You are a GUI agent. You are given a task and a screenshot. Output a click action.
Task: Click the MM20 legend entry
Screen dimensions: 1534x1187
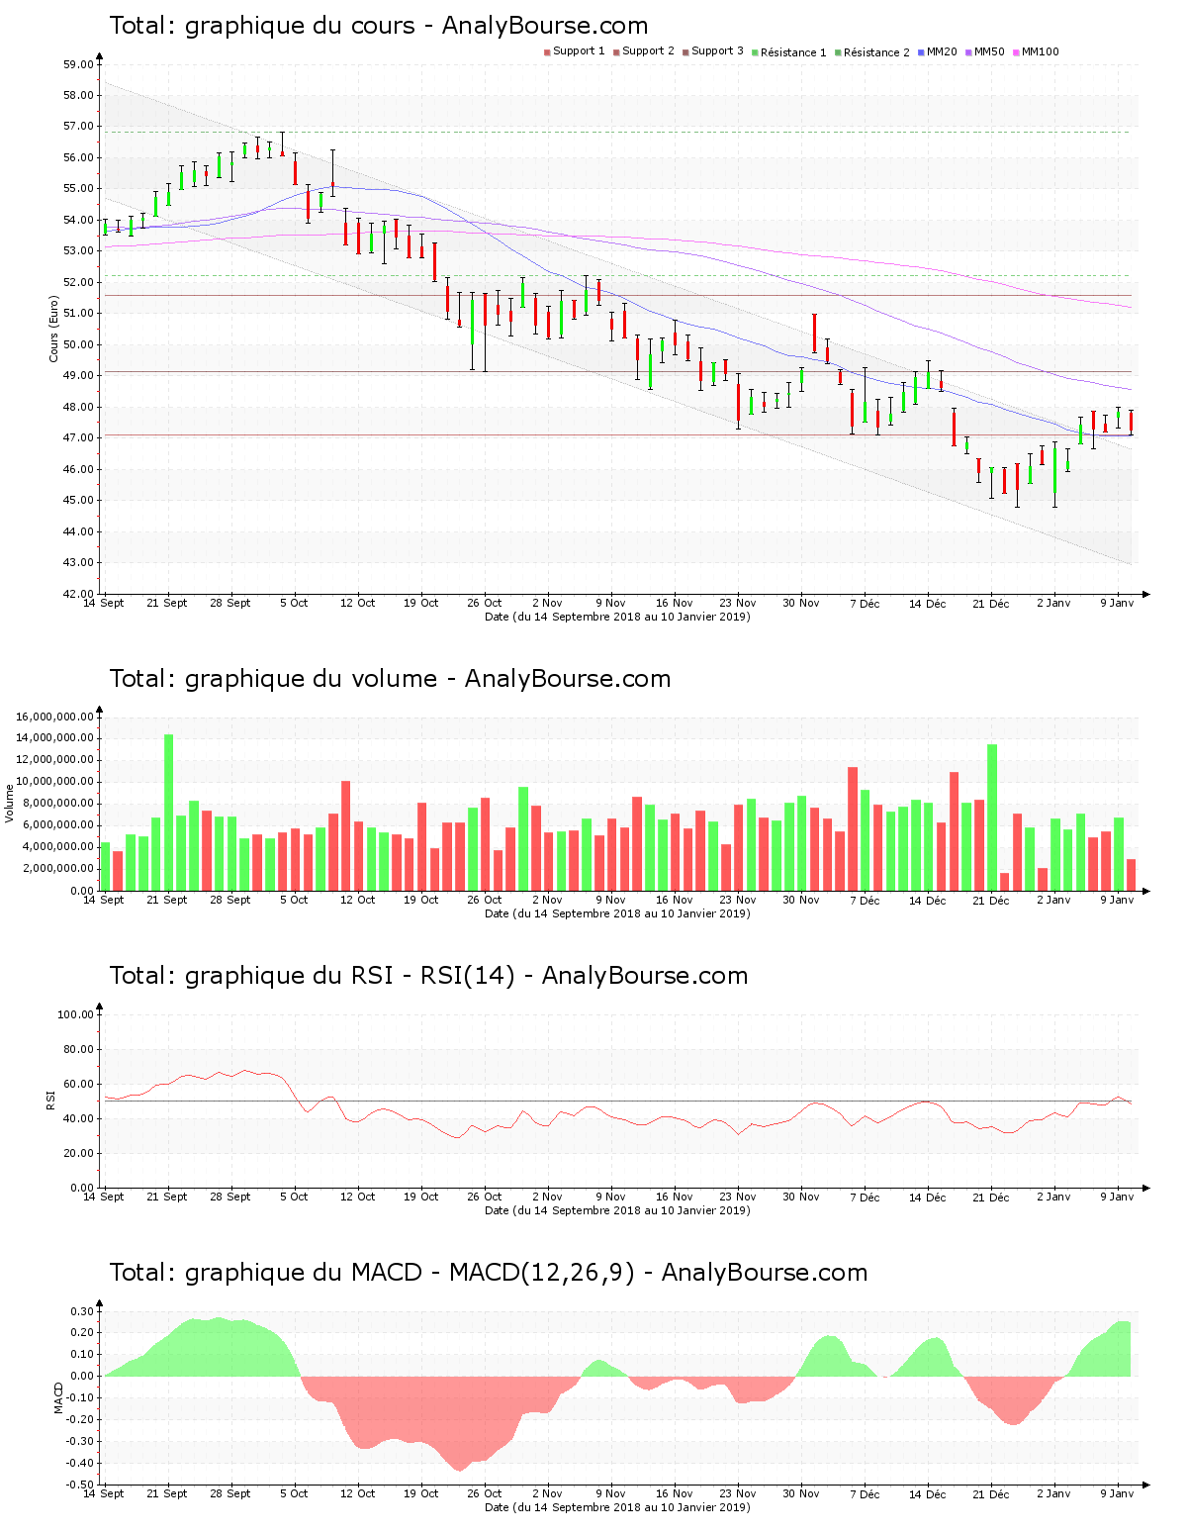[941, 51]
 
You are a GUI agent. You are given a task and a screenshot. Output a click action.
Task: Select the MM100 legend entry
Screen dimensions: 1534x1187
[1039, 51]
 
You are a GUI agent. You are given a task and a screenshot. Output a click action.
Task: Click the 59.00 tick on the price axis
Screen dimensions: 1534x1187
[78, 64]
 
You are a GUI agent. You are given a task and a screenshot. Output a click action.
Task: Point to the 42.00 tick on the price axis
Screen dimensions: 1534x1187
[78, 594]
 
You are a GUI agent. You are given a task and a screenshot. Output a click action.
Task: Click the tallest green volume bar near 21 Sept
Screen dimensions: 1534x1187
[169, 812]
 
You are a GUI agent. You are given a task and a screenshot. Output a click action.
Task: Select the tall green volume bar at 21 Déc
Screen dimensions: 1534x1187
[992, 816]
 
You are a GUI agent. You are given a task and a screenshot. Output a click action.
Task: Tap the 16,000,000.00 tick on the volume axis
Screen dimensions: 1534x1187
[55, 717]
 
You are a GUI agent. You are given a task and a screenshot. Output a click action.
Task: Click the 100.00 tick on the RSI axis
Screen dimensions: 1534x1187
[75, 1014]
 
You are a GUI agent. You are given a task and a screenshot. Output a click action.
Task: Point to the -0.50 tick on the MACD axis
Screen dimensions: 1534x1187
[81, 1485]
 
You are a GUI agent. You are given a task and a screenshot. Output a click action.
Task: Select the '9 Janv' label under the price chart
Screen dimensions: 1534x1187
[1117, 603]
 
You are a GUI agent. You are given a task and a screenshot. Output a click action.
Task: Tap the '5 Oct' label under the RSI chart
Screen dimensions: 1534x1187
[294, 1197]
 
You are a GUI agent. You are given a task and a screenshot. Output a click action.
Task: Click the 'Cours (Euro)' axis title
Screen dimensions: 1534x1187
[53, 328]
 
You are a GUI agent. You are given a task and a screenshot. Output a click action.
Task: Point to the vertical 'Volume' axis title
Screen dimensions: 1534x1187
[10, 803]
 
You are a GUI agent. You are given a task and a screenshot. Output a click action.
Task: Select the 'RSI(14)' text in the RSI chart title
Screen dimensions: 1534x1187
[468, 976]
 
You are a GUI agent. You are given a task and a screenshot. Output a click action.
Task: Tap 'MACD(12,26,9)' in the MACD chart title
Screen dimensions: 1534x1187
[541, 1273]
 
